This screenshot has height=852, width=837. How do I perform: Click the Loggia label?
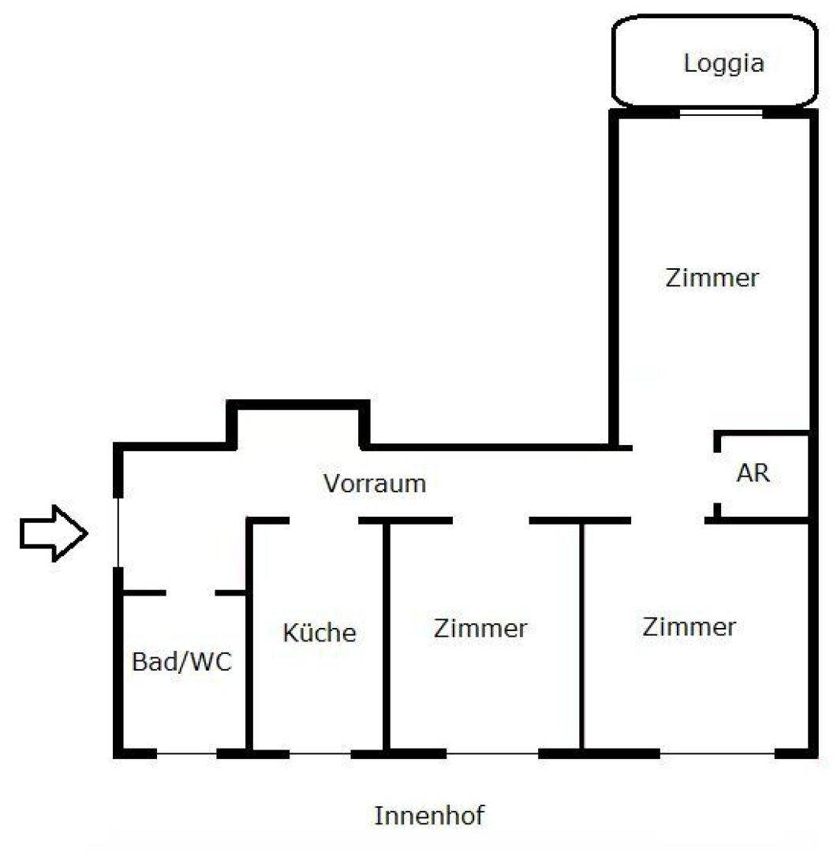pos(724,65)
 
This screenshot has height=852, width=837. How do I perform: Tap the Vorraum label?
pos(375,484)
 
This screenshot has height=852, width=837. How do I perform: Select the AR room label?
pos(753,473)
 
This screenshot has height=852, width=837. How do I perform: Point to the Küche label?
pos(319,633)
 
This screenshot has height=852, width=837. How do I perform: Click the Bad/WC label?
pos(182,662)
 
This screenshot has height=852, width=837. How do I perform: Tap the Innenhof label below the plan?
pos(429,816)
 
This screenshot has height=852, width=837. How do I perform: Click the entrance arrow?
pos(54,533)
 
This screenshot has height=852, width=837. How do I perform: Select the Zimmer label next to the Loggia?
pos(712,278)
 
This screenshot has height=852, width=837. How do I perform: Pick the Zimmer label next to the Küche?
pos(480,629)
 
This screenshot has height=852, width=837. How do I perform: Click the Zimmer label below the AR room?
pos(689,627)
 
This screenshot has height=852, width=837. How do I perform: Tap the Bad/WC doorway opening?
pos(191,592)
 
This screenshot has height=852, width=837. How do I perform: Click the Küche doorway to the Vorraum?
pos(324,521)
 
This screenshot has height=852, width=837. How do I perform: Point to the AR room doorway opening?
pos(717,477)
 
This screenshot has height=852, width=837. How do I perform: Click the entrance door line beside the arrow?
pos(118,532)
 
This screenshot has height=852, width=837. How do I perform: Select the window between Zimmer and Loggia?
pos(721,113)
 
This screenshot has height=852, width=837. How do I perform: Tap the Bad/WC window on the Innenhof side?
pos(187,753)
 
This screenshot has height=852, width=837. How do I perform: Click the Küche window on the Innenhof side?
pos(320,753)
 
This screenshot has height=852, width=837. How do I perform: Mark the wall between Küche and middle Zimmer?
pos(387,636)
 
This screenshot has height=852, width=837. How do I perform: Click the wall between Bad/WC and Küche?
pos(249,636)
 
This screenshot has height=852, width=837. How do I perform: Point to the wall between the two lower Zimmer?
pos(581,636)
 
